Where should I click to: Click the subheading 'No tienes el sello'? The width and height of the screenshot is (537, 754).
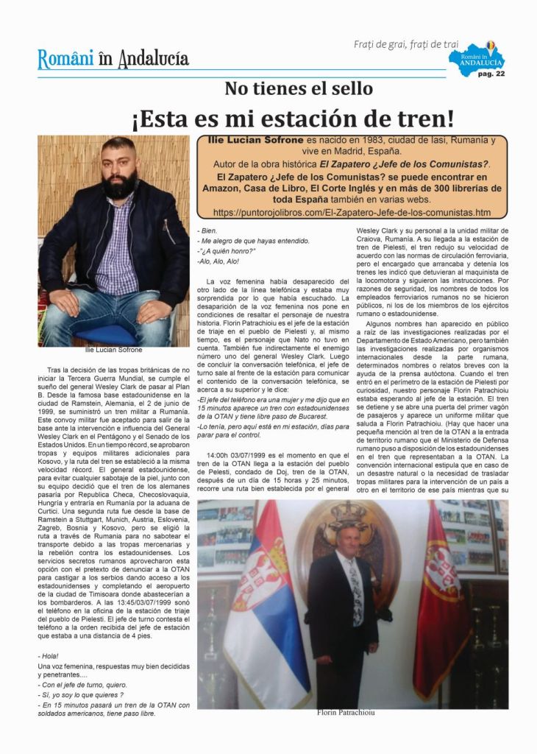pos(299,88)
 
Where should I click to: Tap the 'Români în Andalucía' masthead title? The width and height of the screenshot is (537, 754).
pos(113,58)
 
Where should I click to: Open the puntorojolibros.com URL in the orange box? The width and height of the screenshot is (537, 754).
pos(352,212)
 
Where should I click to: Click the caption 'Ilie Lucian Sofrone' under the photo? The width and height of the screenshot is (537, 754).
pos(113,350)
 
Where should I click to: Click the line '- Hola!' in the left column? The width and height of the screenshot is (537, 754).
pos(49,655)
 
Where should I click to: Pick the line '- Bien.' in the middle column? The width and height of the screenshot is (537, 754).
pos(209,231)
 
